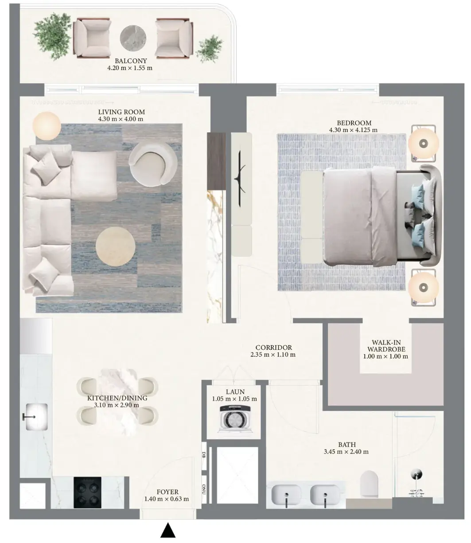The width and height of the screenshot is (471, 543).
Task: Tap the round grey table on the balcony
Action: (132, 38)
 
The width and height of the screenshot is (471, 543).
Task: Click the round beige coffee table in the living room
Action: (115, 246)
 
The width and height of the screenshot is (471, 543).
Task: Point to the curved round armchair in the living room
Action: (153, 164)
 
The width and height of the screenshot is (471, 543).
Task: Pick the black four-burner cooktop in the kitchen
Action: (87, 492)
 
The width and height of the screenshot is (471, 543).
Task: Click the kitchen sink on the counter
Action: (36, 417)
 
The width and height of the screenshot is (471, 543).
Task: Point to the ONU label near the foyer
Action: (204, 489)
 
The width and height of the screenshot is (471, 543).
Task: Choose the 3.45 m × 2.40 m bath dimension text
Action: (346, 451)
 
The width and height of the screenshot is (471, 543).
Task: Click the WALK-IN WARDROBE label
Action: (386, 346)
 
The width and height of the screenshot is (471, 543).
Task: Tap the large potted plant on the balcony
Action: (52, 36)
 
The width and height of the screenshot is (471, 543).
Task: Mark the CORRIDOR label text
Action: (273, 348)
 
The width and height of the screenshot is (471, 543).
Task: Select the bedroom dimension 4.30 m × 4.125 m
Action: (353, 130)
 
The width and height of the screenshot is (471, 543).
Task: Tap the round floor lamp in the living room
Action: (47, 126)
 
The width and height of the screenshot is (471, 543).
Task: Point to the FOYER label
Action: (167, 492)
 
